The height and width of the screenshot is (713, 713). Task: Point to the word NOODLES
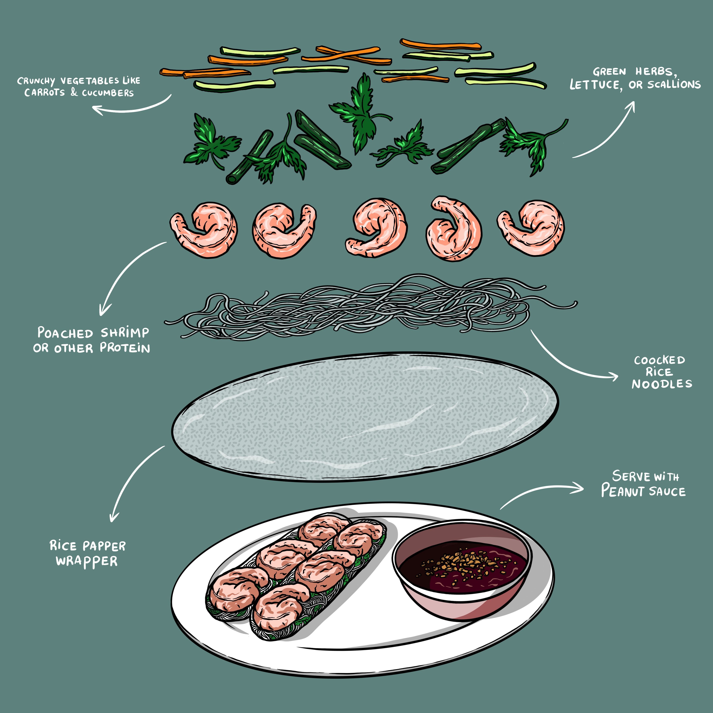662,384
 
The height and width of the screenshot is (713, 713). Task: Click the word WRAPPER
87,561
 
